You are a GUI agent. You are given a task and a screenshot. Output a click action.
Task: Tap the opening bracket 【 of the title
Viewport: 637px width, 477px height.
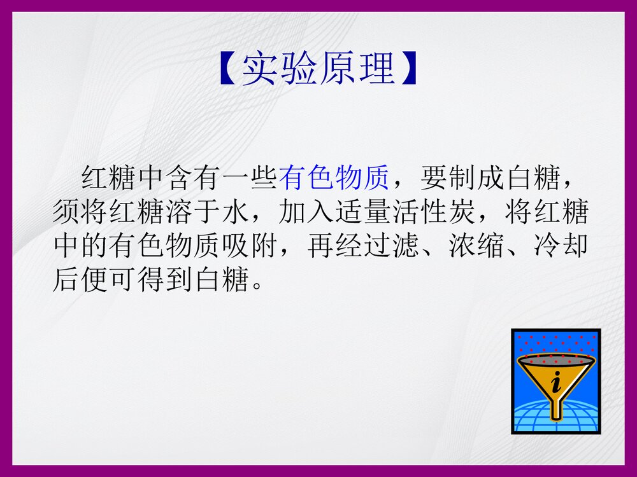(x=229, y=68)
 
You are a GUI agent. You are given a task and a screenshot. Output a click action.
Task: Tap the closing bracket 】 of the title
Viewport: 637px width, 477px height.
(x=408, y=68)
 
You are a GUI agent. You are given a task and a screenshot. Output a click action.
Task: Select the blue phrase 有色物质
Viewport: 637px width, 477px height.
(x=334, y=180)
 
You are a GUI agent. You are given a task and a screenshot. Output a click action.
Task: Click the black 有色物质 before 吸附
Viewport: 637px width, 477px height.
(x=164, y=246)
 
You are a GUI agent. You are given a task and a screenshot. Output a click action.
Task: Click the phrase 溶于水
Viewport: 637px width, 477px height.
(x=206, y=213)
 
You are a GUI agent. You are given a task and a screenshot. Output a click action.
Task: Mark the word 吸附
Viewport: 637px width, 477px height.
(x=249, y=246)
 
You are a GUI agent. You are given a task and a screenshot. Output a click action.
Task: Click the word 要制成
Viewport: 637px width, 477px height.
(x=460, y=180)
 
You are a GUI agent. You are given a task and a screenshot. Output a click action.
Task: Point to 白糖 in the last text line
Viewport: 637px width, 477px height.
(x=221, y=279)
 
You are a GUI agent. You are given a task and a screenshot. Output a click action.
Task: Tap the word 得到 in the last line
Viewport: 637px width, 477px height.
(x=164, y=279)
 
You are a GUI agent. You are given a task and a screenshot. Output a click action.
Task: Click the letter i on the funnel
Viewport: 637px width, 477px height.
(x=557, y=382)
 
